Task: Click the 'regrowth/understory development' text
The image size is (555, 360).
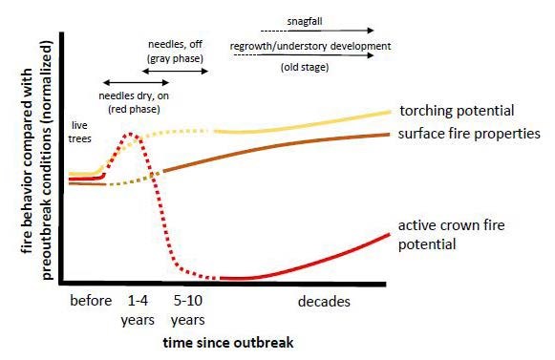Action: [310, 46]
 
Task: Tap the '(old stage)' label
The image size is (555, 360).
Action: [310, 68]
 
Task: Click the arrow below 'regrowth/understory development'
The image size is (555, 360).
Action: [310, 56]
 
